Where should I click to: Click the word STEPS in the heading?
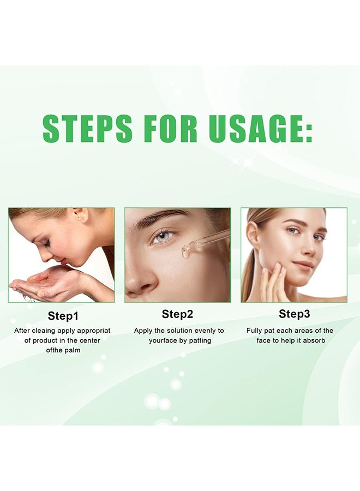click(87, 129)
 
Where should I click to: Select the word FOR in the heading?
click(171, 129)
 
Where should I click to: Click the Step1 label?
click(63, 315)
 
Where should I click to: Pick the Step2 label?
click(178, 314)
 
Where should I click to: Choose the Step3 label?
click(295, 314)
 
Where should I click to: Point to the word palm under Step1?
click(73, 350)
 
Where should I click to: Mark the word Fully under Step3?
click(256, 331)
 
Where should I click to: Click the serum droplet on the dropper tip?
click(186, 253)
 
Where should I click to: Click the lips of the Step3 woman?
click(304, 264)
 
